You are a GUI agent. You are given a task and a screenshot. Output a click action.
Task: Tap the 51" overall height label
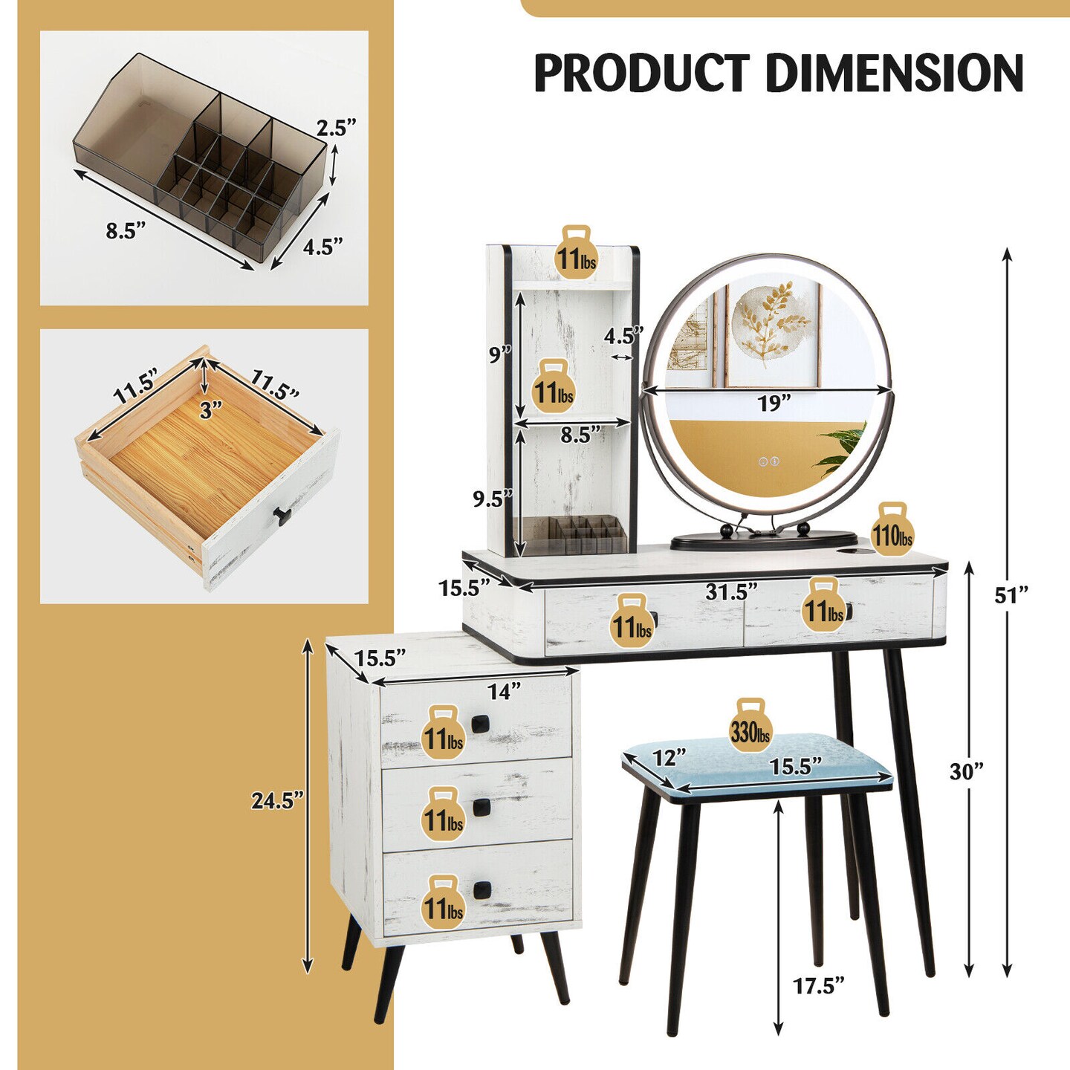coord(1012,594)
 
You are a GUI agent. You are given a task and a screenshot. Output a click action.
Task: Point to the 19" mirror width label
coord(774,403)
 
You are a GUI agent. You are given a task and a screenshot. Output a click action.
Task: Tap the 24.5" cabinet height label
coord(277,800)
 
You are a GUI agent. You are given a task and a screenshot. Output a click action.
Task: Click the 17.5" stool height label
coord(818,986)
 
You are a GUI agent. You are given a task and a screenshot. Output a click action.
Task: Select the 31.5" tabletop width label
coord(731,591)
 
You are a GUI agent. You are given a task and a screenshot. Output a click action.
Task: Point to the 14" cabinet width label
coord(504,691)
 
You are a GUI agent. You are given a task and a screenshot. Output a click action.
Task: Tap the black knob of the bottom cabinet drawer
coord(482,889)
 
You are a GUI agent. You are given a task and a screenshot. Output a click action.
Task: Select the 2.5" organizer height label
coord(337,128)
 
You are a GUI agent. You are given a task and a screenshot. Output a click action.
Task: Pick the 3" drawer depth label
coord(210,409)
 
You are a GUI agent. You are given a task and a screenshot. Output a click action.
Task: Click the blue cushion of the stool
coord(758,765)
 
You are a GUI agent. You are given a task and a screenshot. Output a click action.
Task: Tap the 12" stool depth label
coord(669,757)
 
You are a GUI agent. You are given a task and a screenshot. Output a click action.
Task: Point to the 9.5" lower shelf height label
coord(493,499)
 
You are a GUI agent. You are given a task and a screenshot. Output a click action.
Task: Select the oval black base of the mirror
coord(764,540)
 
